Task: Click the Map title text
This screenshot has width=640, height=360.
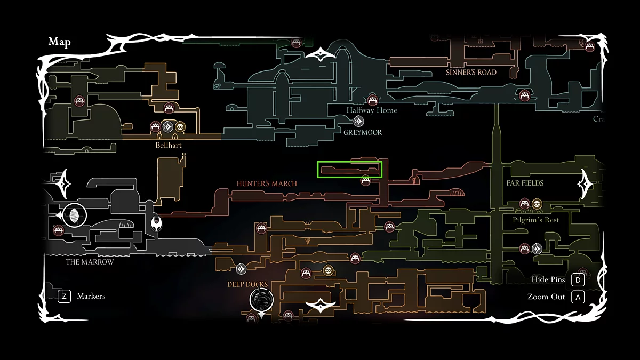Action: tap(59, 42)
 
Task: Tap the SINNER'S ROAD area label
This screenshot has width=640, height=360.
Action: tap(471, 72)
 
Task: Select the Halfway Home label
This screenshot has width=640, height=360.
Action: tap(372, 110)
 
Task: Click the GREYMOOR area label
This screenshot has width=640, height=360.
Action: tap(363, 132)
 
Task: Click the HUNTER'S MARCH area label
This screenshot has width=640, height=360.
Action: tap(267, 183)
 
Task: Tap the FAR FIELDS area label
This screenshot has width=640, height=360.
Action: tap(525, 183)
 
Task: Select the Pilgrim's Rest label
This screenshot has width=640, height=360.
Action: tap(535, 220)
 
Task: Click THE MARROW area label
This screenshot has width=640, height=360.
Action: tap(90, 262)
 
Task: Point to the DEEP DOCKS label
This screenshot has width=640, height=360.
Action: tap(247, 284)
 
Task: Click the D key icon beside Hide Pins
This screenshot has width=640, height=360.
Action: tap(578, 279)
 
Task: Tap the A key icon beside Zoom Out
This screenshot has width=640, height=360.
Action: tap(578, 297)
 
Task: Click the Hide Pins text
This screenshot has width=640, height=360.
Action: tap(548, 279)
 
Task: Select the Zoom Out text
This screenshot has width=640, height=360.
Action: tap(546, 297)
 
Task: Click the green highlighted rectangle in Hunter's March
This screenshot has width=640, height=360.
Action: tap(350, 170)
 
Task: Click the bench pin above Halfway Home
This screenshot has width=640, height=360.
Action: tap(372, 99)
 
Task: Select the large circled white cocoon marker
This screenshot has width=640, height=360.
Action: tap(74, 215)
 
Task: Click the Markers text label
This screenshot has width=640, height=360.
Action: tap(91, 296)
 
